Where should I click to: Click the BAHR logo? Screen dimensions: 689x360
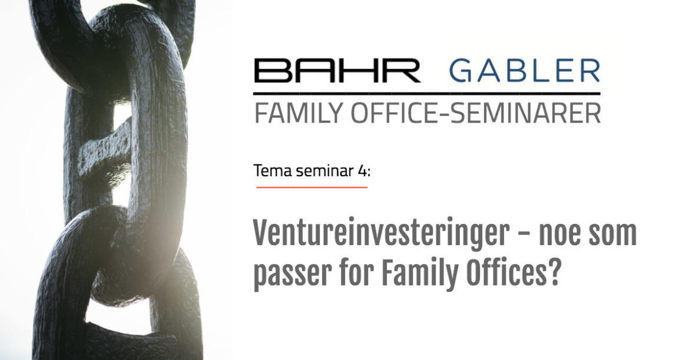pyautogui.click(x=337, y=71)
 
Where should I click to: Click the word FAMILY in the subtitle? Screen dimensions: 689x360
pyautogui.click(x=299, y=113)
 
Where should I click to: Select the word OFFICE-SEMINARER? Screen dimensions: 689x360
pyautogui.click(x=475, y=113)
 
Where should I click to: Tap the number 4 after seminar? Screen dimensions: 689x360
pyautogui.click(x=362, y=170)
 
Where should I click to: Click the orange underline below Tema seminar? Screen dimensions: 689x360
pyautogui.click(x=312, y=187)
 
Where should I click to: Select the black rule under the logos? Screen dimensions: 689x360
pyautogui.click(x=427, y=94)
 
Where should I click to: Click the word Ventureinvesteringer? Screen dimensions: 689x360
pyautogui.click(x=382, y=235)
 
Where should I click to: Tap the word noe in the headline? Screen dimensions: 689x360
pyautogui.click(x=559, y=236)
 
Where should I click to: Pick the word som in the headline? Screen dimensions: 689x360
pyautogui.click(x=612, y=236)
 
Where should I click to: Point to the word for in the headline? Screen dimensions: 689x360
pyautogui.click(x=356, y=272)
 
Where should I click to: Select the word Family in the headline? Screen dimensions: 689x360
pyautogui.click(x=419, y=273)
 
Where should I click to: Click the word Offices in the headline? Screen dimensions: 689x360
pyautogui.click(x=505, y=272)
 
